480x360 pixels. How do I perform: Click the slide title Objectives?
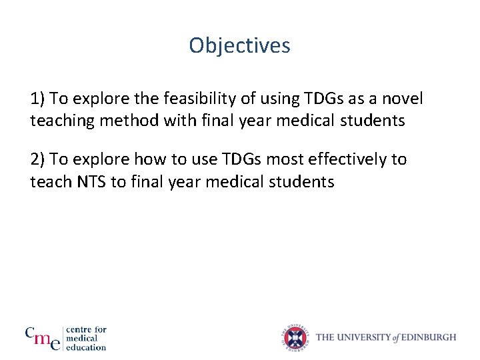coord(239,45)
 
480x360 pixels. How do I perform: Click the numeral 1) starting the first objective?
coord(37,99)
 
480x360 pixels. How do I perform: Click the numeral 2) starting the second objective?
coord(37,159)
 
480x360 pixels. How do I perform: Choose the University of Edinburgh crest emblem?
coord(297,337)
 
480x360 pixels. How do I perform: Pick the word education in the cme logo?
coord(87,347)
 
